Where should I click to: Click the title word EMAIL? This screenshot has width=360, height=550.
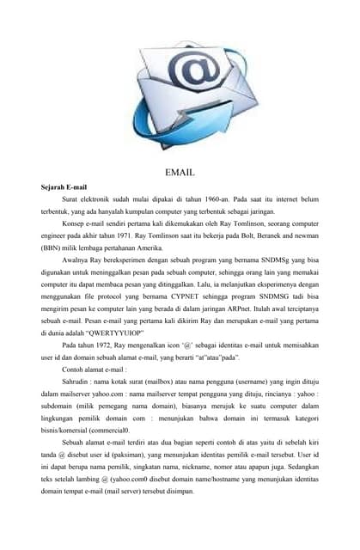click(180, 172)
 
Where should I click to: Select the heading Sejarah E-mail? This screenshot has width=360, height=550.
click(64, 186)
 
